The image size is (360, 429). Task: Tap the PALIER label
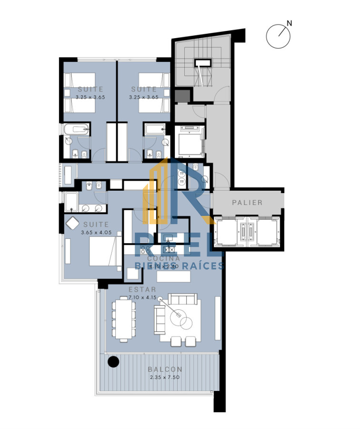(247, 203)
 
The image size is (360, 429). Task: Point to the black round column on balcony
(113, 362)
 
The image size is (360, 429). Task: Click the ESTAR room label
(142, 289)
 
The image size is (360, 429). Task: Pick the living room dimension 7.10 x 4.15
(142, 297)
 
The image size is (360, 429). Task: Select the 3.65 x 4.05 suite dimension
(95, 233)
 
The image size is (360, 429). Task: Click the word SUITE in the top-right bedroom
(144, 89)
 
